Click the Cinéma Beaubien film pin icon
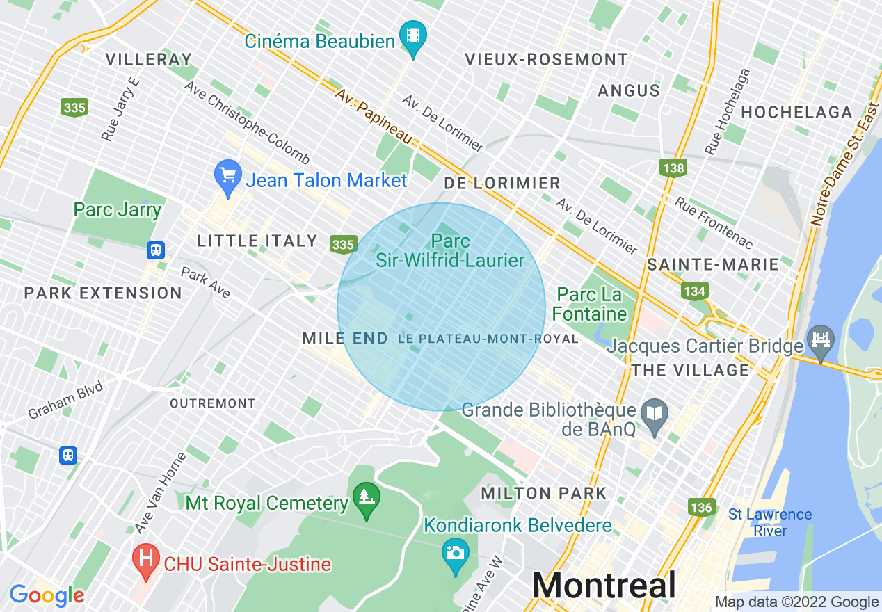click(413, 34)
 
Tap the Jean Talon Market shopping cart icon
click(228, 176)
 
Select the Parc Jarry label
click(118, 209)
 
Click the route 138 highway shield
click(673, 168)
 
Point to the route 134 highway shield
click(694, 291)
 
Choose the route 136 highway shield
click(701, 507)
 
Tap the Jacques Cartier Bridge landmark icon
click(821, 341)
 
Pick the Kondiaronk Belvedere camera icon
click(455, 553)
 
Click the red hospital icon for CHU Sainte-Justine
click(146, 560)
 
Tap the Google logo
click(47, 595)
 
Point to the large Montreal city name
click(604, 585)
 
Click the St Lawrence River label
click(770, 522)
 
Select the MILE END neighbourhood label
click(345, 338)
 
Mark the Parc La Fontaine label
click(590, 305)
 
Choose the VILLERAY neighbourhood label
click(148, 59)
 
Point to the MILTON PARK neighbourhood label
click(545, 493)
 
